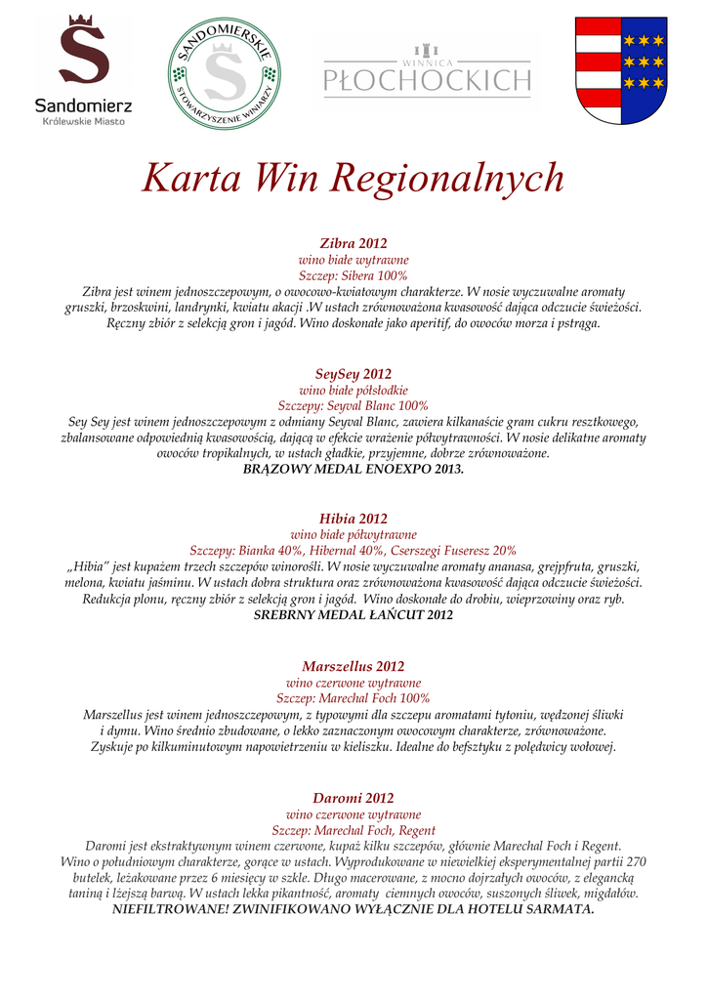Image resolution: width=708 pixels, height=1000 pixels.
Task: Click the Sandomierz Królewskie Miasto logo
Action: (x=83, y=70)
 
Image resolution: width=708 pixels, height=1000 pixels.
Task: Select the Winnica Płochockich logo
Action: (x=427, y=71)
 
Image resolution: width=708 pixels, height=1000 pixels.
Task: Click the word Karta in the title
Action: (x=181, y=178)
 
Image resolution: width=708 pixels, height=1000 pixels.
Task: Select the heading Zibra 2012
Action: (x=354, y=243)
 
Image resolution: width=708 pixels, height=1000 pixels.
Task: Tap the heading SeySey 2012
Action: (x=354, y=374)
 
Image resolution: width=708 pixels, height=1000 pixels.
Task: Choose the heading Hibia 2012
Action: (x=354, y=519)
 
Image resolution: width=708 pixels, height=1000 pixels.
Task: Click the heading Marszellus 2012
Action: (x=354, y=667)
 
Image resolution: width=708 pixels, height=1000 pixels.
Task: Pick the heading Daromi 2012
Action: (x=354, y=798)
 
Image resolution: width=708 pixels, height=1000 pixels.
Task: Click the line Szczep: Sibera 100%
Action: (x=354, y=276)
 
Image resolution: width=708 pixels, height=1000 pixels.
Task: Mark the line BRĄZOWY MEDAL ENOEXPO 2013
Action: (x=354, y=470)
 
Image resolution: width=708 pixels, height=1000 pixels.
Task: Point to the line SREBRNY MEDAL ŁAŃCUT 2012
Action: (x=354, y=615)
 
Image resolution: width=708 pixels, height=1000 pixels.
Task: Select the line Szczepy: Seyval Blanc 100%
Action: (x=354, y=405)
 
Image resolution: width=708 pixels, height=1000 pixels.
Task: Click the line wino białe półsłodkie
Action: (x=354, y=390)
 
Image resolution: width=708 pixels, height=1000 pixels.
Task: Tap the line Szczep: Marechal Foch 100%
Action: (x=354, y=698)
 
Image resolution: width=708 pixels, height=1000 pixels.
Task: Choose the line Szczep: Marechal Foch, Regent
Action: (x=354, y=829)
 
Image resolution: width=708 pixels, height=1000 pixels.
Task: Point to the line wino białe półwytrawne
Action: (x=354, y=534)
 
